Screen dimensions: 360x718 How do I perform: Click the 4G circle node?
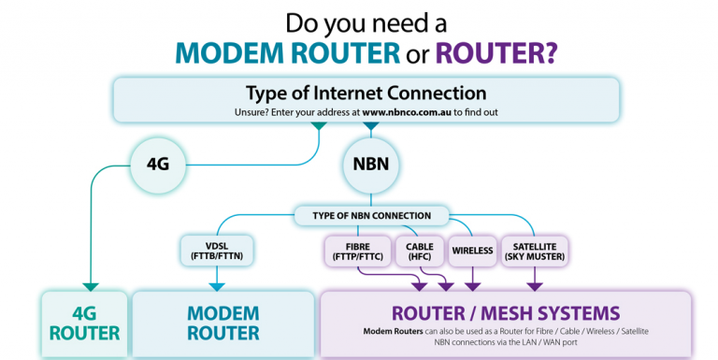tap(158, 163)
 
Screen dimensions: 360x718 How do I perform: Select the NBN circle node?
tap(371, 163)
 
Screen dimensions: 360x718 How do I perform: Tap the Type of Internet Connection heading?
tap(366, 94)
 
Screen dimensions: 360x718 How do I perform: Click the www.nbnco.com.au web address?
tap(407, 112)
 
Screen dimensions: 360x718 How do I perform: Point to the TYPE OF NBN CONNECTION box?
tap(372, 216)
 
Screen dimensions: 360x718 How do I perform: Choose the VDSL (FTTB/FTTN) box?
tap(217, 249)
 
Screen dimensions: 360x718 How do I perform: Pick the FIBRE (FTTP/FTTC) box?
tap(358, 249)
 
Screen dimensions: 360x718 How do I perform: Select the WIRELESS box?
tap(472, 251)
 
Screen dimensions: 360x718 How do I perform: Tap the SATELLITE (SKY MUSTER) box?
tap(536, 249)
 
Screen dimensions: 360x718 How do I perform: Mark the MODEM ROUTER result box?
tap(223, 323)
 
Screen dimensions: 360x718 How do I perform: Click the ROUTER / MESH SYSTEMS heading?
tap(505, 312)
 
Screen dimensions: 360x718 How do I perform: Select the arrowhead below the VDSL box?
tap(217, 284)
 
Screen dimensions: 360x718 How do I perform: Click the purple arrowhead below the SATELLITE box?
tap(535, 284)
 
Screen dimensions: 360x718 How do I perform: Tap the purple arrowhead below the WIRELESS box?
tap(473, 284)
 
